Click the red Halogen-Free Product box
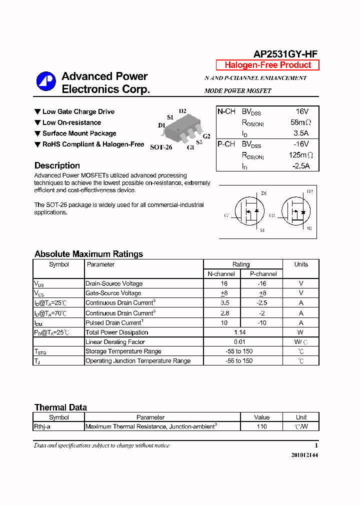pos(267,65)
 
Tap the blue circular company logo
pos(46,81)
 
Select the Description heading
pos(57,165)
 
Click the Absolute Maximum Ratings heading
pos(88,254)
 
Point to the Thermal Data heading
pos(60,407)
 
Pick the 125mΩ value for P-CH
pos(301,155)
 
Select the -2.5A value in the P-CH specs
pos(301,166)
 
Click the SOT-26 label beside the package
pos(161,147)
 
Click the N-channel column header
pos(221,274)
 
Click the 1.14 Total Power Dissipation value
pos(242,332)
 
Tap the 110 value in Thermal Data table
pos(261,426)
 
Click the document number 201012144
pos(304,455)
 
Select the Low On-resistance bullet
pos(71,122)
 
